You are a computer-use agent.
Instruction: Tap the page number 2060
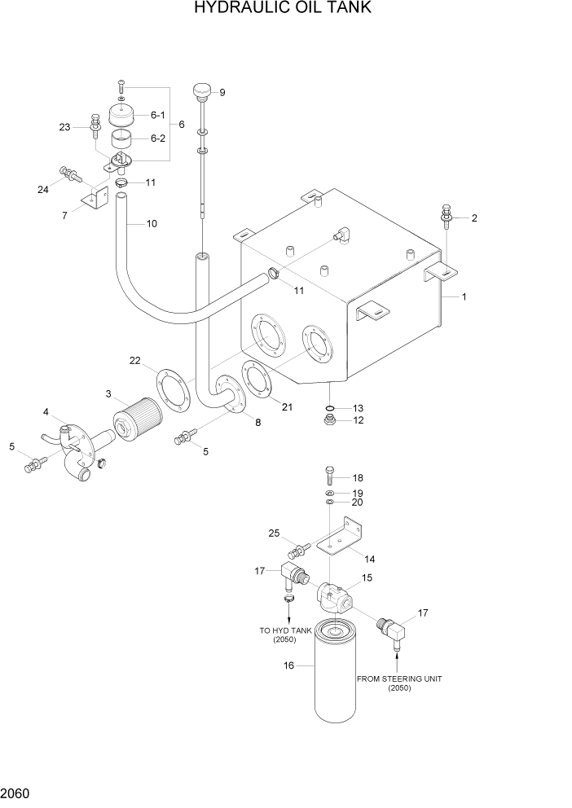[x=18, y=791]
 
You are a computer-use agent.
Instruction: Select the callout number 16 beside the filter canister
[x=288, y=665]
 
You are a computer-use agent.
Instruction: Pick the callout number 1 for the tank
[x=464, y=297]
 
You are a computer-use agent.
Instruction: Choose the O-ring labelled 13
[x=328, y=408]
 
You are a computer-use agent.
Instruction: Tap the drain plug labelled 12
[x=328, y=420]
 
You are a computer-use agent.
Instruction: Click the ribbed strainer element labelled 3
[x=138, y=411]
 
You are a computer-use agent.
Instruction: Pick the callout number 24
[x=42, y=190]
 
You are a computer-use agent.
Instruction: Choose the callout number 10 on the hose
[x=152, y=223]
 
